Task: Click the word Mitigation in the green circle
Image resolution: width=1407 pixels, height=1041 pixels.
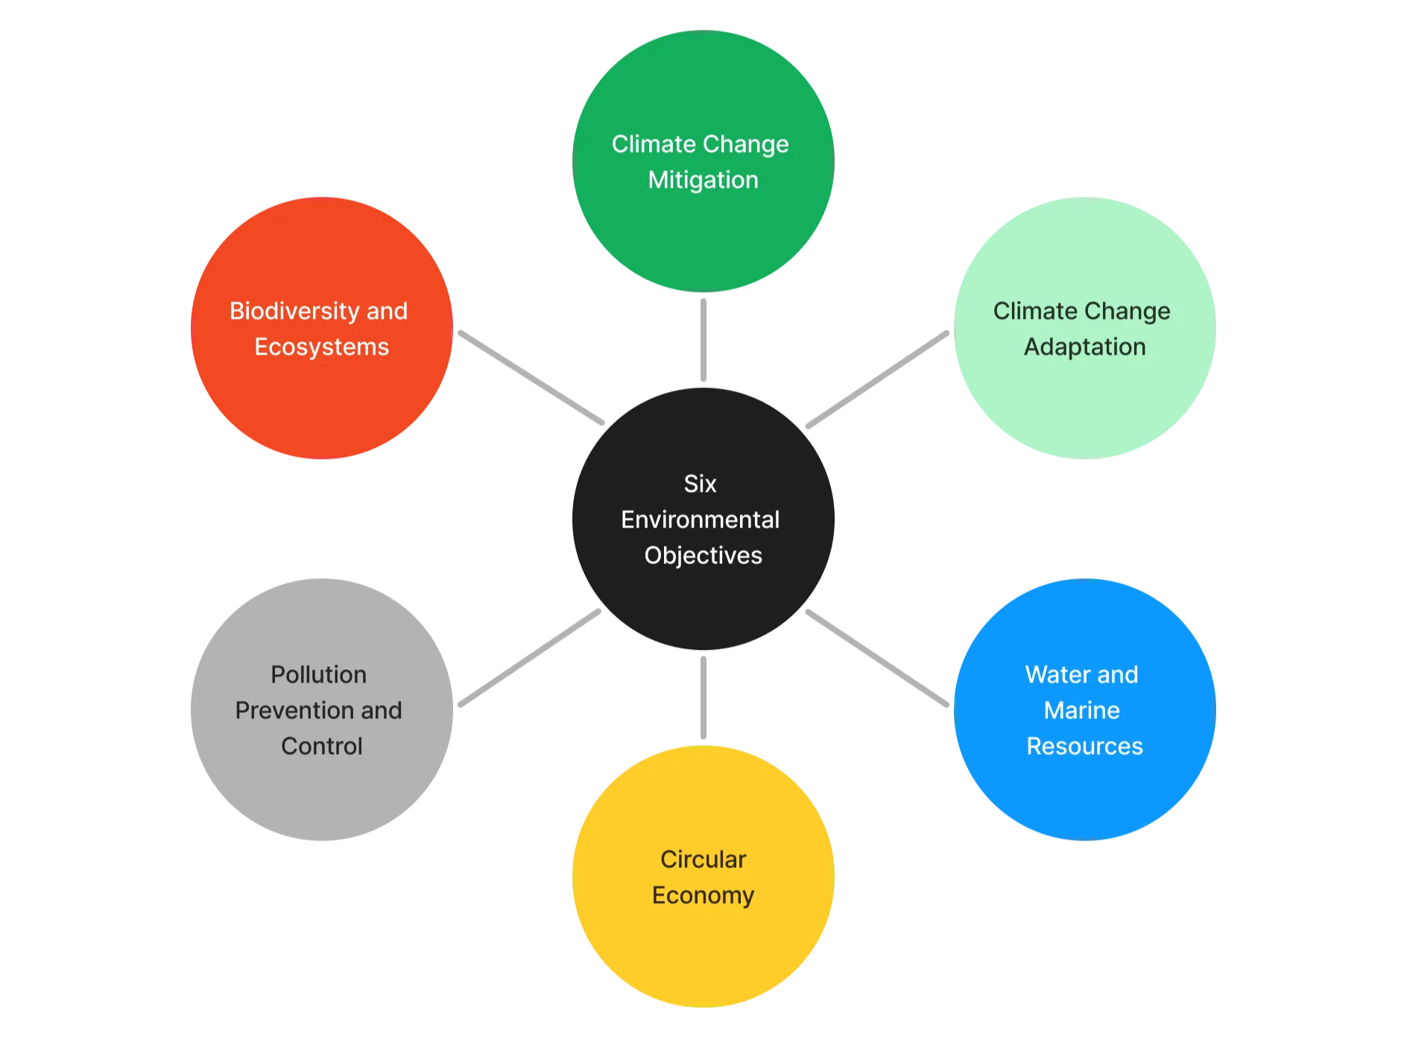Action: [x=703, y=180]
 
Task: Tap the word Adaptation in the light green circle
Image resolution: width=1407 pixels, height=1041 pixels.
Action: [x=1084, y=347]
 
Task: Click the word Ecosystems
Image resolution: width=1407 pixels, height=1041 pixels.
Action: [x=321, y=347]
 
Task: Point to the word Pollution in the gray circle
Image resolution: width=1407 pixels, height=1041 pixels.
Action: [x=318, y=674]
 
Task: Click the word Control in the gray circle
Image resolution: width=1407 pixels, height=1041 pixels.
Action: [x=321, y=746]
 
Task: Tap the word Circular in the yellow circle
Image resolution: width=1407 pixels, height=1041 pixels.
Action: [x=703, y=859]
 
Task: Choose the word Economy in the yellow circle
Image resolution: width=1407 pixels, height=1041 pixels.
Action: [x=703, y=895]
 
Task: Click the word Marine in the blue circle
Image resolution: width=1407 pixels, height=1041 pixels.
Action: [x=1081, y=710]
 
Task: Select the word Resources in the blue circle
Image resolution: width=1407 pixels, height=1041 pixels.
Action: [x=1084, y=746]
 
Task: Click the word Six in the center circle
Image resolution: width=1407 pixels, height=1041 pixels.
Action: [x=700, y=484]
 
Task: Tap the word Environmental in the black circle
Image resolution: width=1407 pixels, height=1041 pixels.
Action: [x=700, y=519]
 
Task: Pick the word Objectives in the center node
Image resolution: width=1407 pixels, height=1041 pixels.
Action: [x=703, y=555]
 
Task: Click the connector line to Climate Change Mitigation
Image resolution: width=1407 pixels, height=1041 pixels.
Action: [x=703, y=340]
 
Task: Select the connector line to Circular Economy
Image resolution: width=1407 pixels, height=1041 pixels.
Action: [x=703, y=697]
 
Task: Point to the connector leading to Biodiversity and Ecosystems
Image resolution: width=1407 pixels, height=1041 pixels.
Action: [x=531, y=378]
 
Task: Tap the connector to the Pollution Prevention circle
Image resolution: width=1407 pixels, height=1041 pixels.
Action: [x=529, y=658]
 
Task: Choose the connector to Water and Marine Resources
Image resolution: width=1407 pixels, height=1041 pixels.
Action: [x=877, y=658]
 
